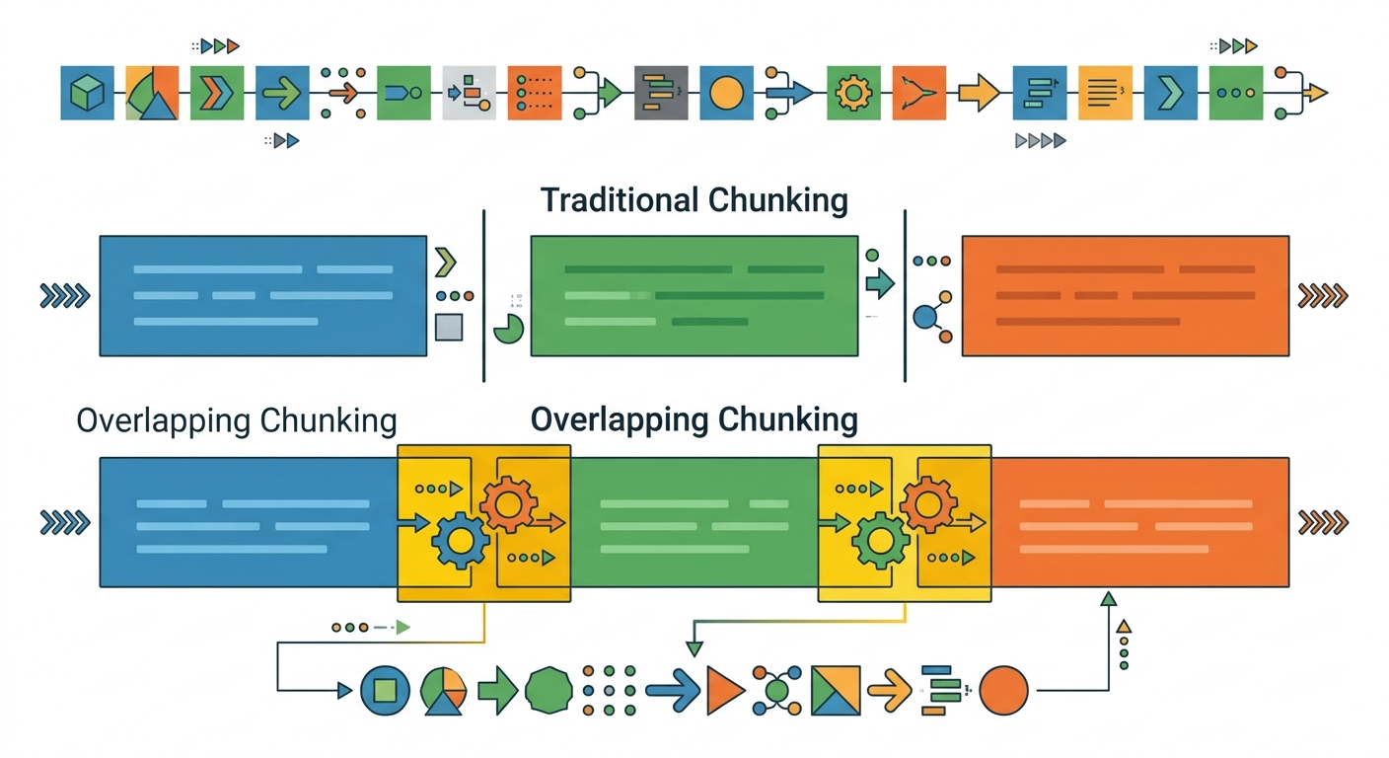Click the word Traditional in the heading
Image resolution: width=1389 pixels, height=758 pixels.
pos(618,200)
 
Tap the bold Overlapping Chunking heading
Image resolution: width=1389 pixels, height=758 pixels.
pos(694,419)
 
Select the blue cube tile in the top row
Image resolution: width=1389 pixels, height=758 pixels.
pos(87,94)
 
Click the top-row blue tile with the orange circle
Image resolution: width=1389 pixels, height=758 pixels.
pos(726,94)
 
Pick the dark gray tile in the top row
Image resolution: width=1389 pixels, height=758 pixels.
pos(661,94)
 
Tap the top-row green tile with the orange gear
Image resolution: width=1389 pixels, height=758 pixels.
pos(852,94)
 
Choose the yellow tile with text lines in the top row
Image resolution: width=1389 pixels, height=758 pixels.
pos(1105,94)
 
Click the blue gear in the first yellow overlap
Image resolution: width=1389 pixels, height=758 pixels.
pos(460,540)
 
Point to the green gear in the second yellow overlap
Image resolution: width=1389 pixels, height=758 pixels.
pos(881,540)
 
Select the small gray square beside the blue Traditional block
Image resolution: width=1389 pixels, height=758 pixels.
pos(449,327)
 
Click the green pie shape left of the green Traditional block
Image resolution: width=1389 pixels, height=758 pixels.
pos(509,329)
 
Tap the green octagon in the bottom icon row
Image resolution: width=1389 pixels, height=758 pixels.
pos(548,690)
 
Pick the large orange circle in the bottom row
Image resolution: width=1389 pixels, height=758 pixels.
pos(1003,690)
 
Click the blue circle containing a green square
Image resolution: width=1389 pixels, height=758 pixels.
pos(385,690)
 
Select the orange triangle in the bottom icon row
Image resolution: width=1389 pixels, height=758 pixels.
pos(724,690)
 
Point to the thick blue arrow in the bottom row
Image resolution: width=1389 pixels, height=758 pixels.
pos(672,690)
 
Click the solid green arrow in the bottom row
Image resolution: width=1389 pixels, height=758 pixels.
pos(497,690)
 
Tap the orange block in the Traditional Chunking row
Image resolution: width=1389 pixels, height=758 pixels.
pos(1125,295)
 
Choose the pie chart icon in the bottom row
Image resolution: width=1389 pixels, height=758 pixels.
pos(443,690)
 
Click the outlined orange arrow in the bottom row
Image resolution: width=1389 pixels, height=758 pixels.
pos(889,690)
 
